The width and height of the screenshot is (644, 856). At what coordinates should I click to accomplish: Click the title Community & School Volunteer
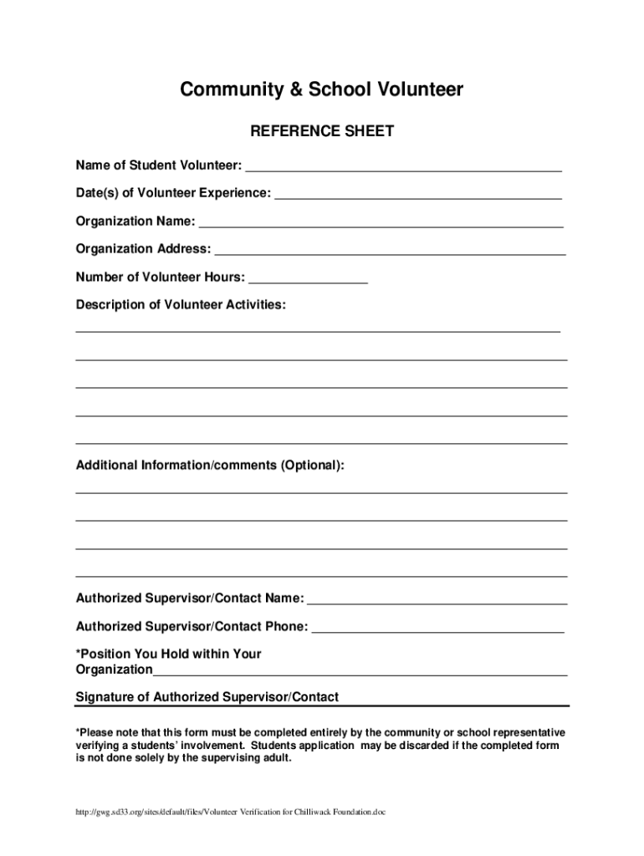(x=322, y=90)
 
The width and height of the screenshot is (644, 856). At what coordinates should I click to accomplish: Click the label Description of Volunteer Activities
(x=181, y=305)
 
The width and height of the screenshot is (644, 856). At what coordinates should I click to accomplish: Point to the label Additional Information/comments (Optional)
(x=210, y=465)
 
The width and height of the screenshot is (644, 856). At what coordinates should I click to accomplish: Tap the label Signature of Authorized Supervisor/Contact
(x=207, y=697)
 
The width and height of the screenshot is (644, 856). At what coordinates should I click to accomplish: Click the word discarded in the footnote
(x=464, y=745)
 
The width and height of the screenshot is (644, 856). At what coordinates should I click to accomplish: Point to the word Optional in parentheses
(x=312, y=465)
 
